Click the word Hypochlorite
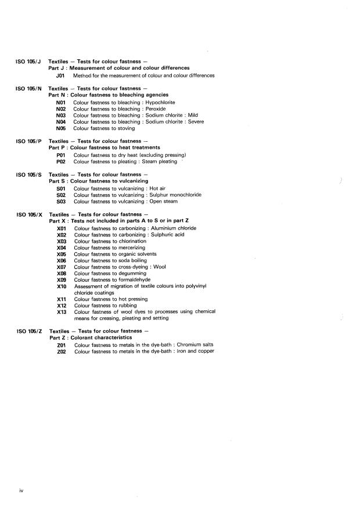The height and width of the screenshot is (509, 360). pos(161,102)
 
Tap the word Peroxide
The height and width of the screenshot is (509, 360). pos(154,109)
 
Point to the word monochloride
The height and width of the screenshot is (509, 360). pos(182,195)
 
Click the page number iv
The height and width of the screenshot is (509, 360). pos(21,491)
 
